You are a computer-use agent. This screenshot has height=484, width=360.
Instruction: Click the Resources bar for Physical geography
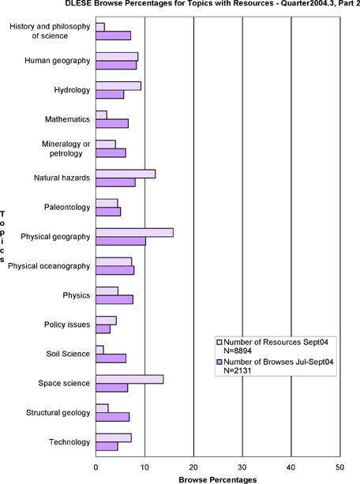[x=135, y=233]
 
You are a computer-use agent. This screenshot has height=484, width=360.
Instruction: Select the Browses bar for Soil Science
[x=111, y=358]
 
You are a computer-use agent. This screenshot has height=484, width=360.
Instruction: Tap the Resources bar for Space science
[x=129, y=379]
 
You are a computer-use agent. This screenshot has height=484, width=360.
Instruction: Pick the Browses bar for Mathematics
[x=112, y=123]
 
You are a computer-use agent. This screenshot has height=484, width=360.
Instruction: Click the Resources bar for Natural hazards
[x=126, y=174]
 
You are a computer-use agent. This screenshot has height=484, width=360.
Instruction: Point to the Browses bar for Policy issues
[x=103, y=329]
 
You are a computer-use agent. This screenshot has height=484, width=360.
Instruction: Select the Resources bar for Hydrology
[x=118, y=86]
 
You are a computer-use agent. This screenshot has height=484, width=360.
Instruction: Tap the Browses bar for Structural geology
[x=113, y=417]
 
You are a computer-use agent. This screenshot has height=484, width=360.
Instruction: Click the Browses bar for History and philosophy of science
[x=114, y=36]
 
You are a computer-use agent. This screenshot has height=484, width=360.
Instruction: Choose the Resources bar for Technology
[x=114, y=437]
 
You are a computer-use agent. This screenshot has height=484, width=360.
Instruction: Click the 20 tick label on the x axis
[x=193, y=467]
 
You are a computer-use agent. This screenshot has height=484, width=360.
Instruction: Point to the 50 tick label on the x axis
[x=340, y=467]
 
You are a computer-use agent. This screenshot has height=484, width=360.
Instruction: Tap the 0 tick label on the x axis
[x=96, y=467]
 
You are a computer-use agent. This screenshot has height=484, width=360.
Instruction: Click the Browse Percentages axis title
[x=218, y=480]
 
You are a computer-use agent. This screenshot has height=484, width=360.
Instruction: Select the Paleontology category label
[x=67, y=207]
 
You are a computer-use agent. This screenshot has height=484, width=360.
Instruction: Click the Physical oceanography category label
[x=49, y=266]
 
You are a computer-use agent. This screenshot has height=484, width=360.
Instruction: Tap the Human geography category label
[x=58, y=61]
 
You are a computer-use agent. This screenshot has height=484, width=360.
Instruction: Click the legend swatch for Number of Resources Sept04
[x=219, y=343]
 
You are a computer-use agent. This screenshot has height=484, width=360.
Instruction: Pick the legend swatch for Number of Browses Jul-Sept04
[x=219, y=362]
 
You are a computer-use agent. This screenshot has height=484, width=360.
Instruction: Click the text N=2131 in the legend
[x=238, y=370]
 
